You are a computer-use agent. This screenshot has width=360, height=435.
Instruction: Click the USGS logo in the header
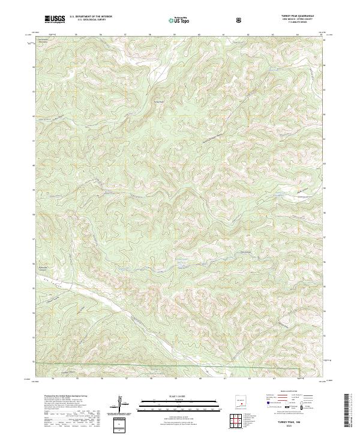pos(55,20)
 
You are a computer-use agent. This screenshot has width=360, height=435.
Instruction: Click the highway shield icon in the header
pos(239,20)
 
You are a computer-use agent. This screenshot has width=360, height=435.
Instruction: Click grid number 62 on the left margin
pos(33,116)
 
